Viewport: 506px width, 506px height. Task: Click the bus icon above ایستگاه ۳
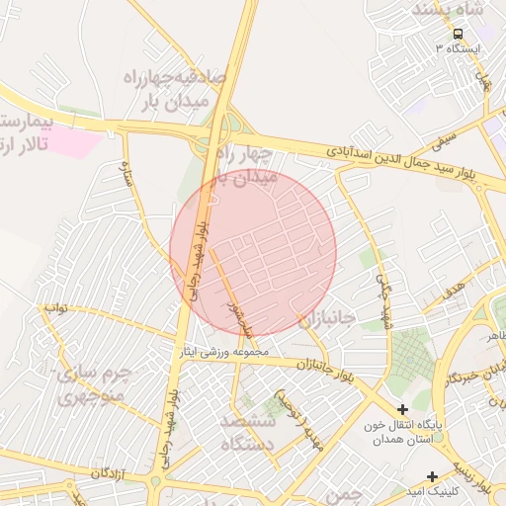tap(457, 32)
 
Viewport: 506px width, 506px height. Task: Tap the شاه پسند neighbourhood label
tap(451, 10)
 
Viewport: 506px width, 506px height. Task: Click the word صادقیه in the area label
tap(202, 77)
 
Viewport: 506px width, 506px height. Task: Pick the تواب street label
tap(55, 307)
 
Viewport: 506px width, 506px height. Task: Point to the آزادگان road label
tap(112, 474)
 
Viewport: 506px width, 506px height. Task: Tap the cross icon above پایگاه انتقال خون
tap(403, 409)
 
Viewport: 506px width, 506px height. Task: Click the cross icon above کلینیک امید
tap(432, 477)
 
